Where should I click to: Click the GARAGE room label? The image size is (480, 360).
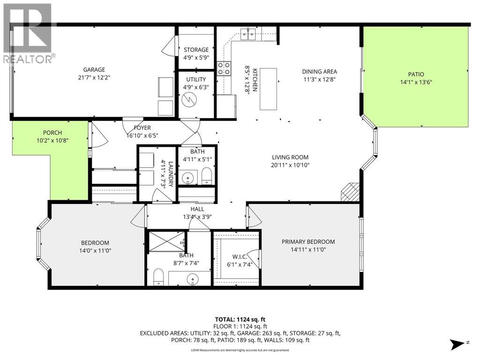pyautogui.click(x=94, y=70)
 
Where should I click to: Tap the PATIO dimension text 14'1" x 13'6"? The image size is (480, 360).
pyautogui.click(x=416, y=82)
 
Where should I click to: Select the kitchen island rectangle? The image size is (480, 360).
pyautogui.click(x=269, y=89)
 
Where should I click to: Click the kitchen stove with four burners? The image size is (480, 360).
pyautogui.click(x=224, y=68)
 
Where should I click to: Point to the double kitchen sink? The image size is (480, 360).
pyautogui.click(x=248, y=34)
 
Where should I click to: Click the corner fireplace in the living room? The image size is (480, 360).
pyautogui.click(x=350, y=192)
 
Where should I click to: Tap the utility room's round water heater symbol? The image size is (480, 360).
pyautogui.click(x=187, y=99)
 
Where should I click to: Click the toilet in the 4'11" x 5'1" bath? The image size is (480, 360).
pyautogui.click(x=207, y=176)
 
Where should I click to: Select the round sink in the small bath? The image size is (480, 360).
pyautogui.click(x=187, y=178)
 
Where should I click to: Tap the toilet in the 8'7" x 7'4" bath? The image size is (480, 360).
pyautogui.click(x=158, y=277)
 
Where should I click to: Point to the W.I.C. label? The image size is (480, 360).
pyautogui.click(x=240, y=257)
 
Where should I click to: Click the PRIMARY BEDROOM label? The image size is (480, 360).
pyautogui.click(x=308, y=242)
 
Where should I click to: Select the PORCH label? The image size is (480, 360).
pyautogui.click(x=52, y=133)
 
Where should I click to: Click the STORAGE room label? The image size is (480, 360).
pyautogui.click(x=196, y=50)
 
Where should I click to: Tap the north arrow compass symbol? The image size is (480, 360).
pyautogui.click(x=458, y=344)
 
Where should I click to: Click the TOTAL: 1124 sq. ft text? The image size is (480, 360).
pyautogui.click(x=240, y=320)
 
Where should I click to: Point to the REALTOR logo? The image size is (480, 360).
pyautogui.click(x=28, y=33)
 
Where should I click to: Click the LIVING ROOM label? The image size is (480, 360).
pyautogui.click(x=290, y=157)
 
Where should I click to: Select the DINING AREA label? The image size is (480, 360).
pyautogui.click(x=320, y=72)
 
